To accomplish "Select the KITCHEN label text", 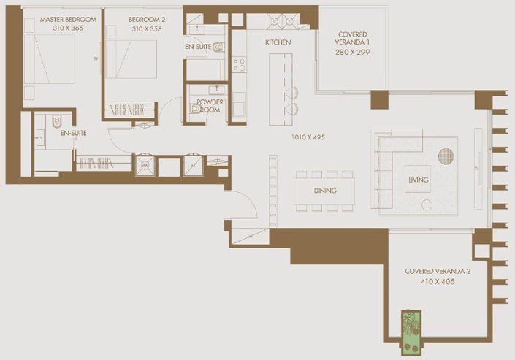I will [x=278, y=42].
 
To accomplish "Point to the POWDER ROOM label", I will [x=210, y=106].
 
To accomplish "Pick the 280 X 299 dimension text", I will [x=353, y=53].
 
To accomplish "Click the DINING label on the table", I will [x=324, y=191].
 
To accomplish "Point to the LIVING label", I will [x=419, y=180].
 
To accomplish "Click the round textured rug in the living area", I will [x=446, y=156].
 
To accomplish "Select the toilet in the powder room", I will [x=195, y=109].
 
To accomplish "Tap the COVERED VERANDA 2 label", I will [x=438, y=271].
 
